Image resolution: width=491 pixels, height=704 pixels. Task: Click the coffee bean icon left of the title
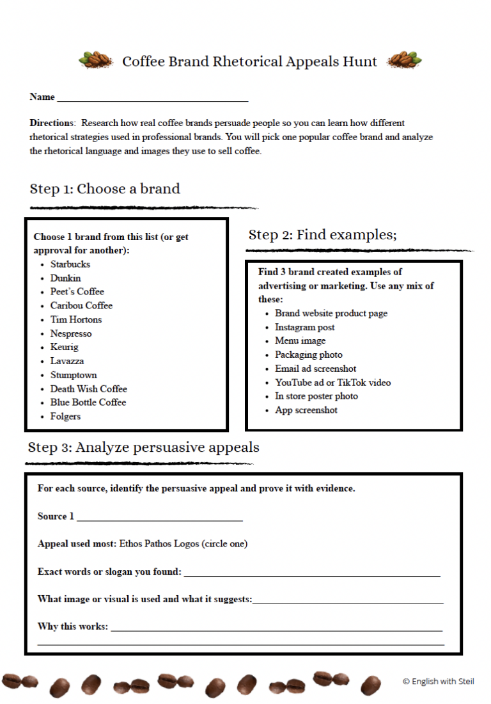coord(95,61)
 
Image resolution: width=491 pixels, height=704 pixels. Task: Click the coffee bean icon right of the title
coord(405,60)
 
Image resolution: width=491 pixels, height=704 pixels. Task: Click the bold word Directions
coord(52,123)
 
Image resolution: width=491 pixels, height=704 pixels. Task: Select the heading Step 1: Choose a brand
coord(105,189)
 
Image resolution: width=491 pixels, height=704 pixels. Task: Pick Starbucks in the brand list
coord(70,264)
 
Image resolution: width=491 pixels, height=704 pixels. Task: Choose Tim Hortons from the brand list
coord(76,319)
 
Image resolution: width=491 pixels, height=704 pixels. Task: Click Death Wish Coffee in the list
coord(89,388)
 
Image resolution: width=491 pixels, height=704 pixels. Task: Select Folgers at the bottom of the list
coord(66,417)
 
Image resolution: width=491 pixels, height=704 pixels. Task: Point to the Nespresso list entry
coord(71,333)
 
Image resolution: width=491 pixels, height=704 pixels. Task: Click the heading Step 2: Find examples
coord(322,235)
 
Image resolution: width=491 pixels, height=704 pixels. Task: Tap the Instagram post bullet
coord(304,327)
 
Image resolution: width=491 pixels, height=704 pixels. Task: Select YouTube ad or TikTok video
coord(332,383)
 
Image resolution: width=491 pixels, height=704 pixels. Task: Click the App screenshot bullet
coord(306,410)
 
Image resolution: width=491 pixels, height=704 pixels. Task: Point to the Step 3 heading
coord(143,447)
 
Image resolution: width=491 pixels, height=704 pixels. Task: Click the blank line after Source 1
coord(159,518)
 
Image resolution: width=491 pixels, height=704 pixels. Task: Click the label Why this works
coord(72,627)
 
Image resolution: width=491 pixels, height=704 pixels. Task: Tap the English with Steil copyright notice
coord(439,682)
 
